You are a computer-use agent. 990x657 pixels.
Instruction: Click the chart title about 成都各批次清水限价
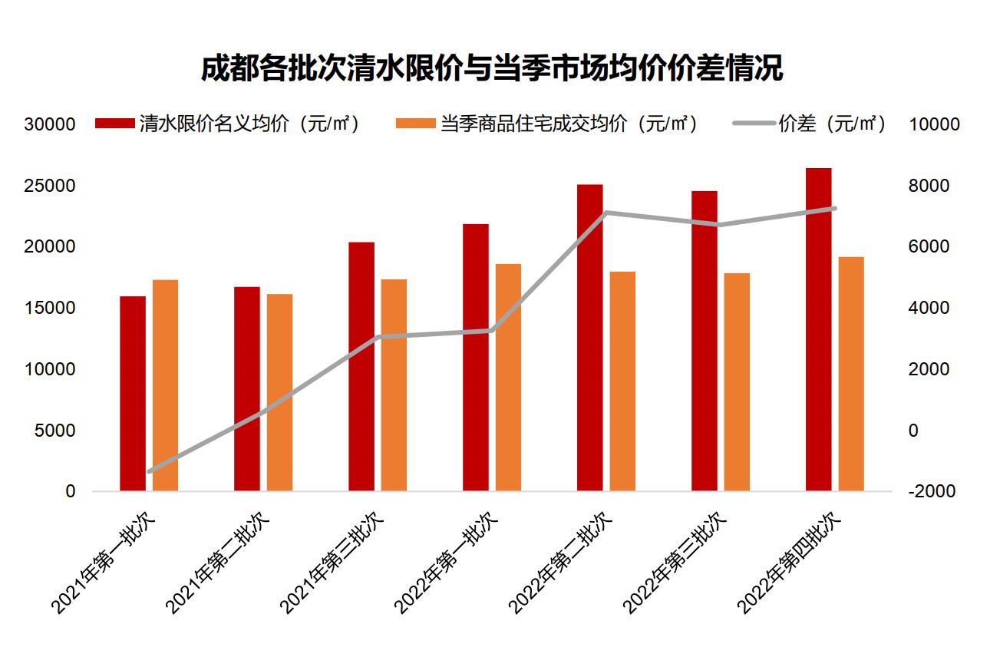tap(491, 68)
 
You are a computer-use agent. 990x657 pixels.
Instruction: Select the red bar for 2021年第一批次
tap(133, 393)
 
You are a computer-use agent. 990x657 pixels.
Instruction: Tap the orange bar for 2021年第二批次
tap(279, 391)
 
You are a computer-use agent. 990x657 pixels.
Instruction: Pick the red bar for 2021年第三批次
tap(361, 366)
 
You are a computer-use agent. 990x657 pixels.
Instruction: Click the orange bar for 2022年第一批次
tap(508, 377)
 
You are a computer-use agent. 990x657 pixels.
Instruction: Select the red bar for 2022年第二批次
tap(589, 338)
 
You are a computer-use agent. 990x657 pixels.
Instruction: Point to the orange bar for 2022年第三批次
tap(737, 381)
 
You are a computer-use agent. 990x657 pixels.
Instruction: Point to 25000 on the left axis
tap(49, 186)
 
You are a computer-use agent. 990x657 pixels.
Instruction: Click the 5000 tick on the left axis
tap(54, 431)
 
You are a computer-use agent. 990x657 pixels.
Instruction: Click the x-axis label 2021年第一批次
tap(104, 563)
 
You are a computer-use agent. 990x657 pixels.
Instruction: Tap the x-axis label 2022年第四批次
tap(790, 563)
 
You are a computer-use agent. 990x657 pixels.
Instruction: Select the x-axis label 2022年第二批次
tap(562, 563)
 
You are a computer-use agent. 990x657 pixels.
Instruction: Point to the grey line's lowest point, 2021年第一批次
tap(150, 471)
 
